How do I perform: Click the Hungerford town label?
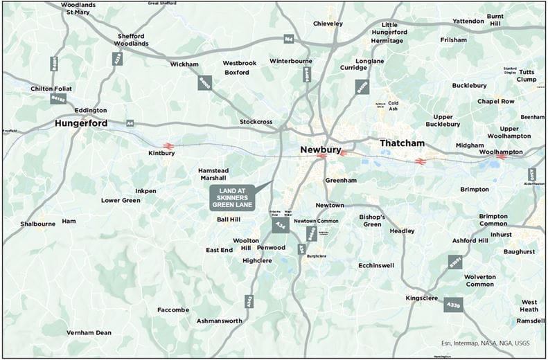81,124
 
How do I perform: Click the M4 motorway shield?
288,39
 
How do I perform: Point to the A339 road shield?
453,305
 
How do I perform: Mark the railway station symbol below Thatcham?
419,161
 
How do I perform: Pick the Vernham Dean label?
89,332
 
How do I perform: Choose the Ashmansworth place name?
219,321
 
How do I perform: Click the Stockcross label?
256,122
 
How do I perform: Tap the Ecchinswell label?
376,265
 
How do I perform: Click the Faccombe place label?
173,309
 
